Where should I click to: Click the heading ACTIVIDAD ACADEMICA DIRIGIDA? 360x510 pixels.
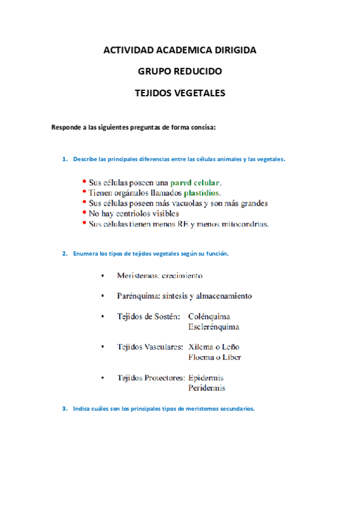tap(180, 50)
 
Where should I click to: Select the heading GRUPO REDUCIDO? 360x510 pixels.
tap(180, 71)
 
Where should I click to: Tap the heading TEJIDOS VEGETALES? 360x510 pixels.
tap(180, 93)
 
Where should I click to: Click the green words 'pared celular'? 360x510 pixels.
tap(195, 182)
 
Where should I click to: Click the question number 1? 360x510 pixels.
tap(64, 159)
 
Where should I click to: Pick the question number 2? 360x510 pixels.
tap(64, 254)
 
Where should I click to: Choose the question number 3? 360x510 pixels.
tap(64, 408)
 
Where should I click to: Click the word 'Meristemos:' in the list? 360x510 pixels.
tap(138, 275)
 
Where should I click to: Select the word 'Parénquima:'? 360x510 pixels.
tap(139, 296)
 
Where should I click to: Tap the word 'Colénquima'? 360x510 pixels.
tap(209, 316)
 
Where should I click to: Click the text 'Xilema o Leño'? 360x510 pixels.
tap(213, 347)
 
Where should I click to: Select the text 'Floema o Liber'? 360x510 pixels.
tap(215, 357)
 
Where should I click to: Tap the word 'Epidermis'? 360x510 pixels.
tap(206, 378)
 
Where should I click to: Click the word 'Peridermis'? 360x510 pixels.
tap(207, 389)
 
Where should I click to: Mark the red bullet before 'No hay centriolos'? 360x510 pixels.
tap(85, 212)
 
